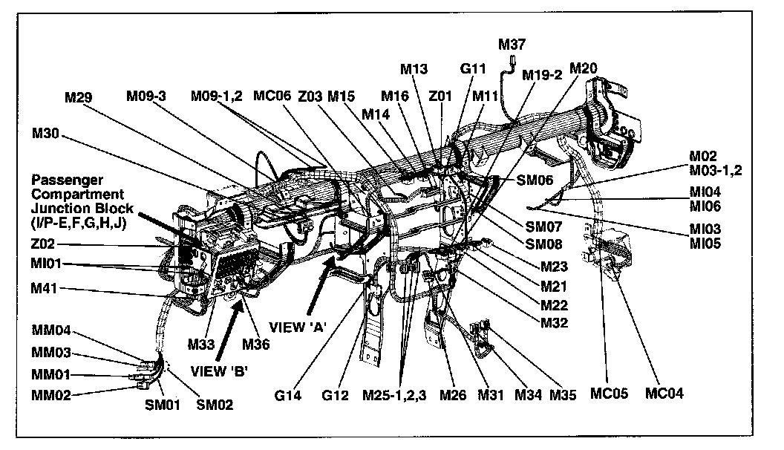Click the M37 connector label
point(512,45)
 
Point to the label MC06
point(272,96)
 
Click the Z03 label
point(310,96)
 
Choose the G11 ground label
point(472,69)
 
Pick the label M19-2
point(541,74)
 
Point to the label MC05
point(609,394)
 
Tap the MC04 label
point(664,394)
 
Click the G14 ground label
point(288,395)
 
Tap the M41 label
point(46,287)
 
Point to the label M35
point(563,395)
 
